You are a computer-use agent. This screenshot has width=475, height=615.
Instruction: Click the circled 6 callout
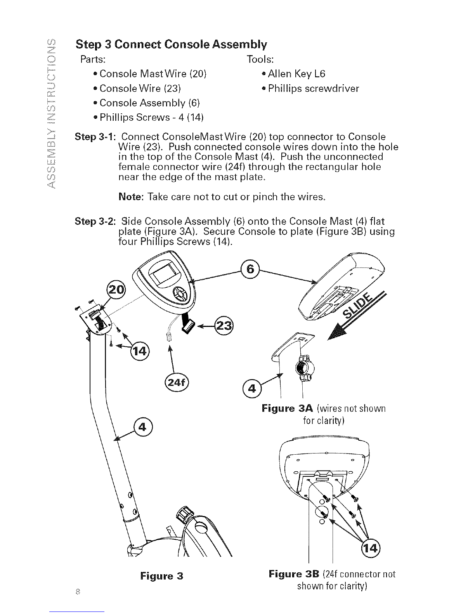pyautogui.click(x=250, y=269)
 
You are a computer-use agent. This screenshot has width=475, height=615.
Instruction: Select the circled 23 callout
pyautogui.click(x=224, y=326)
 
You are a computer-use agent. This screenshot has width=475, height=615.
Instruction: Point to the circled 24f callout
pyautogui.click(x=177, y=383)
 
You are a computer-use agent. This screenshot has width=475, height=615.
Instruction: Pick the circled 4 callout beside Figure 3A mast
pyautogui.click(x=252, y=389)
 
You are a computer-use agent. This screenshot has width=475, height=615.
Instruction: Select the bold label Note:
pyautogui.click(x=132, y=196)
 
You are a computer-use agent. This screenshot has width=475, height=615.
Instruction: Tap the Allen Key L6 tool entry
pyautogui.click(x=296, y=74)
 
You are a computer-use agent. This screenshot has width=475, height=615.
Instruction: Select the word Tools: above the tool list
pyautogui.click(x=260, y=59)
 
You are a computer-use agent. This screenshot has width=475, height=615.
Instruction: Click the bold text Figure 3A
pyautogui.click(x=288, y=409)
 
